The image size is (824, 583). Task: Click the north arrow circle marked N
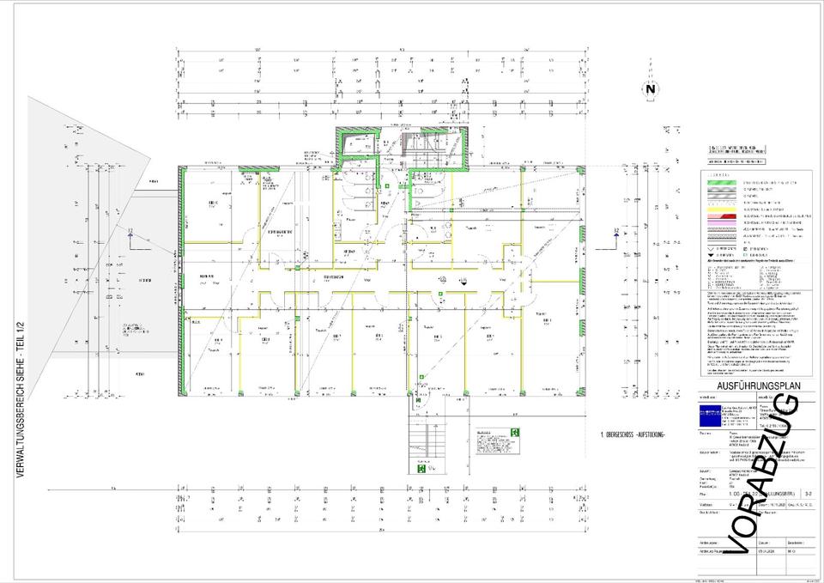point(650,89)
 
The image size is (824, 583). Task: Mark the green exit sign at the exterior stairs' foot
point(423,469)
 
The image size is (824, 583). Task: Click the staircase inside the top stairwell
point(415,148)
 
